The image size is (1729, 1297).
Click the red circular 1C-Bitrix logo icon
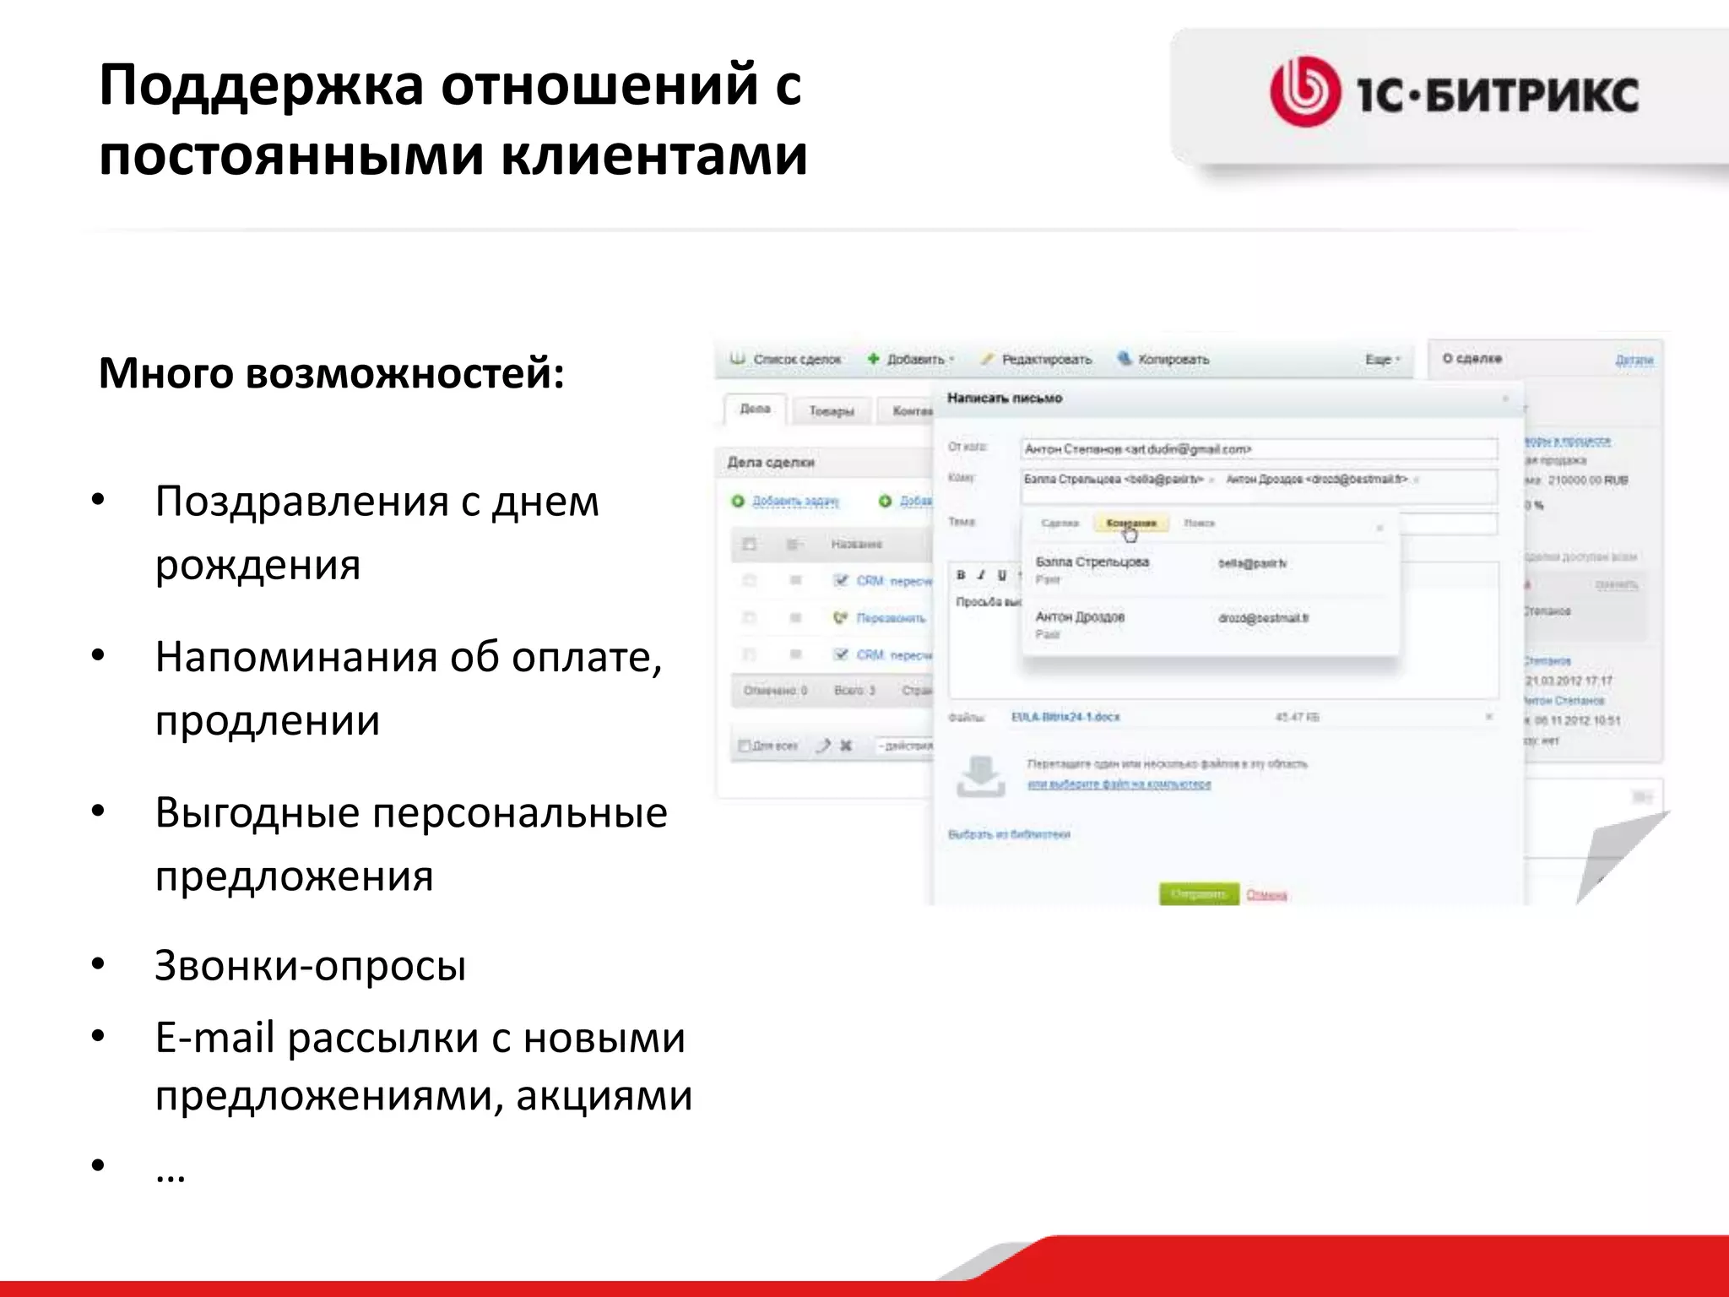1304,92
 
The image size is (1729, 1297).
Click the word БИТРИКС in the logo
1532,94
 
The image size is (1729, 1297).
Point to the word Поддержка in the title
261,86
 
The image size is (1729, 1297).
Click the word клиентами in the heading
654,156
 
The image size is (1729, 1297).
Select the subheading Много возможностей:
331,373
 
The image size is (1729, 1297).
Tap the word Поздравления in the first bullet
301,502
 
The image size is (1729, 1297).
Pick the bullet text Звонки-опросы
310,965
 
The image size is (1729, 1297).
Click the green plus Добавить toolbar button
909,360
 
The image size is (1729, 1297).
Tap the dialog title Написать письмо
1004,398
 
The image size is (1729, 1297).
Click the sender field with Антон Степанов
1258,449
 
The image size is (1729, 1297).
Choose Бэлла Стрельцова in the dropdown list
1092,562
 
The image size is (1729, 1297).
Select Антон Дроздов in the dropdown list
1080,617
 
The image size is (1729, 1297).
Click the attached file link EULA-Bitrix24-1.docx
1065,717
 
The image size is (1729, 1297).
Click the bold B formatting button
961,575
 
